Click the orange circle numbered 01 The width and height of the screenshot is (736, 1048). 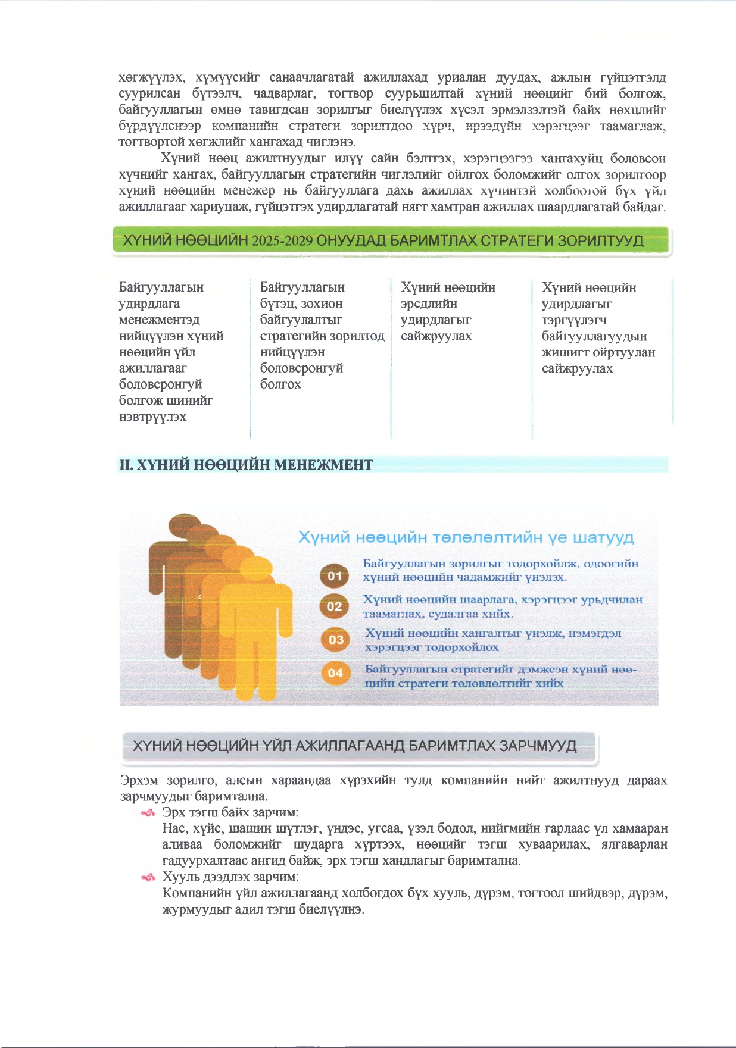click(x=335, y=575)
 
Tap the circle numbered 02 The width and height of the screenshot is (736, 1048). click(x=335, y=606)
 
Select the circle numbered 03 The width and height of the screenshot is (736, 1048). click(x=336, y=640)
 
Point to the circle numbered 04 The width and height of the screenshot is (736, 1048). click(x=336, y=673)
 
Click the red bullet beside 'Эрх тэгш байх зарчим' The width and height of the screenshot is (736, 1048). click(x=148, y=813)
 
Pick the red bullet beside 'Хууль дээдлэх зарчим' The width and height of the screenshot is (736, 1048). click(x=148, y=877)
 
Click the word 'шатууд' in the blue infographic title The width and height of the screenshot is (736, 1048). click(x=603, y=538)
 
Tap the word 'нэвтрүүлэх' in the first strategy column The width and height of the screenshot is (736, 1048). click(x=152, y=417)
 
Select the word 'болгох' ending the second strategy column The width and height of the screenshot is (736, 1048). click(x=280, y=384)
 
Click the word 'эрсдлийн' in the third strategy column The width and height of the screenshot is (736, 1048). click(x=429, y=304)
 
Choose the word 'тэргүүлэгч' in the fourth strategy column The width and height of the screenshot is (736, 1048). click(x=574, y=320)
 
